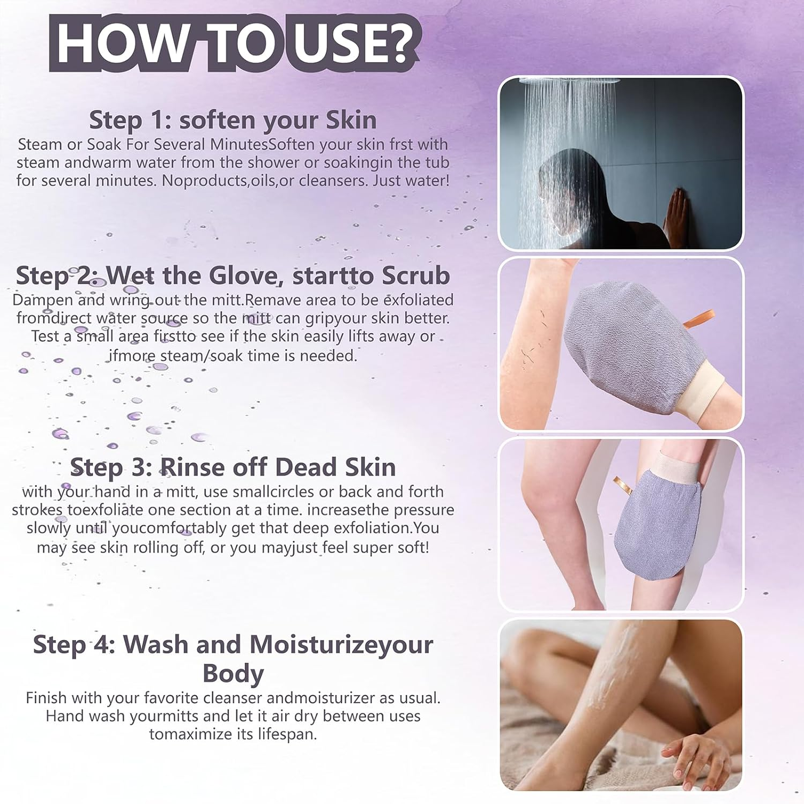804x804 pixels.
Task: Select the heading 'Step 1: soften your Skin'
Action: [x=233, y=120]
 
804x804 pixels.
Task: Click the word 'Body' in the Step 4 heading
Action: [x=233, y=673]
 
